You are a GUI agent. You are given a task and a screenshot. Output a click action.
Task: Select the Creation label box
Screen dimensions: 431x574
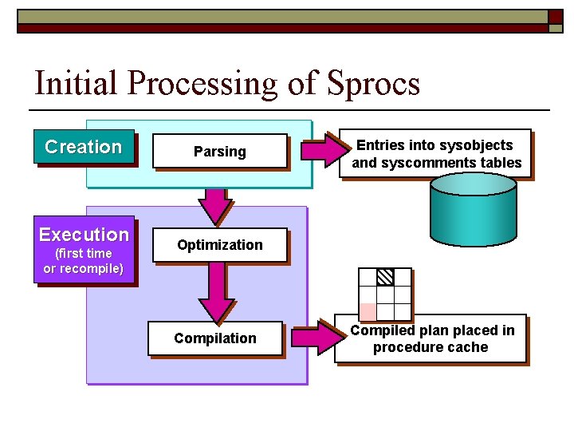tap(84, 147)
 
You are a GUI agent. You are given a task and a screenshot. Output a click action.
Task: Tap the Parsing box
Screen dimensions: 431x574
tap(219, 152)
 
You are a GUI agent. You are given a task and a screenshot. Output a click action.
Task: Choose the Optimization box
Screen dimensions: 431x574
tap(219, 245)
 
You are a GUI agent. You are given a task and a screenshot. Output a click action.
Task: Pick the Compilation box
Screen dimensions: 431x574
tap(215, 338)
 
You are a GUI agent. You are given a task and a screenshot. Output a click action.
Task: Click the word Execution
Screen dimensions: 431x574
tap(84, 235)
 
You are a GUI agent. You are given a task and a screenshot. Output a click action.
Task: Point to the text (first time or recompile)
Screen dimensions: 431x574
tap(84, 261)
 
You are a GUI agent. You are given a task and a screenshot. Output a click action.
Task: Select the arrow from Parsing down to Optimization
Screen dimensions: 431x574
tap(213, 207)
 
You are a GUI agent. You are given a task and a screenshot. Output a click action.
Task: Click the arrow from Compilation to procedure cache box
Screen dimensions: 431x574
tap(314, 338)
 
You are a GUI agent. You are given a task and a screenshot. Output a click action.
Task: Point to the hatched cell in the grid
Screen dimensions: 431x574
tap(385, 277)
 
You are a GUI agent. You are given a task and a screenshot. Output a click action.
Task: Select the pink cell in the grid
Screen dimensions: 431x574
tap(368, 311)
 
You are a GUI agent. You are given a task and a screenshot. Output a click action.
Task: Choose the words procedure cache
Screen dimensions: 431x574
tap(431, 347)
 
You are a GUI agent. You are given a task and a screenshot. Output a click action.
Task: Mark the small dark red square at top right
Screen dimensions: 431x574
tap(555, 17)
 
